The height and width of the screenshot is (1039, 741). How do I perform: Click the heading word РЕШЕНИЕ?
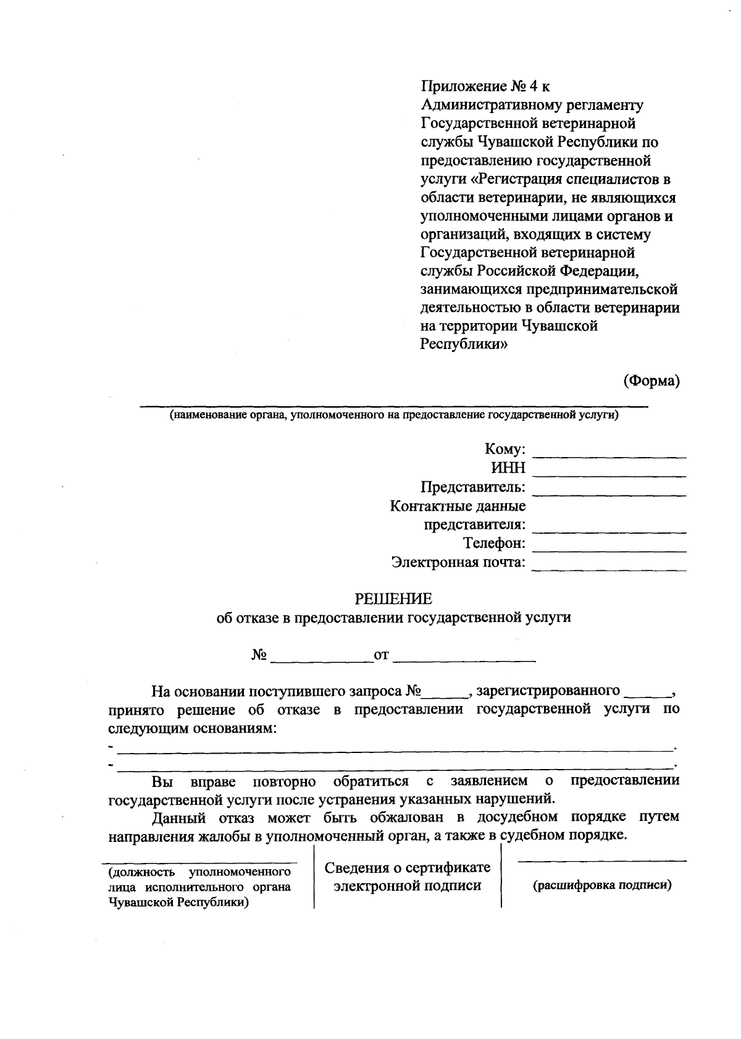coord(393,599)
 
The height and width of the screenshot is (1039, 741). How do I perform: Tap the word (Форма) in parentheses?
coord(651,381)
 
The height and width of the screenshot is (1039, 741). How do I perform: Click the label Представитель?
coord(473,487)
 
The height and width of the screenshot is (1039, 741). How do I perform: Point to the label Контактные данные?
coord(458,507)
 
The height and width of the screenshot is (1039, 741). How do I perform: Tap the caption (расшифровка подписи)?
coord(602,885)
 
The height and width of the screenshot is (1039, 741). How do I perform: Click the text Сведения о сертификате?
coord(408,867)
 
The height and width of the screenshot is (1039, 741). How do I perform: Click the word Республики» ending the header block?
coord(464,345)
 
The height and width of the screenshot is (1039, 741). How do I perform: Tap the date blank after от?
coord(464,660)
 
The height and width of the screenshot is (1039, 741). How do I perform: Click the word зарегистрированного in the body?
coord(548,690)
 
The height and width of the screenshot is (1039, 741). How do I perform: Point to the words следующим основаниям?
coord(193,728)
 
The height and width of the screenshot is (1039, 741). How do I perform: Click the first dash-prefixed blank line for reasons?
coord(395,749)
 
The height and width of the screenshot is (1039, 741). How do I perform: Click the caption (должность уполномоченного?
coord(199,872)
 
